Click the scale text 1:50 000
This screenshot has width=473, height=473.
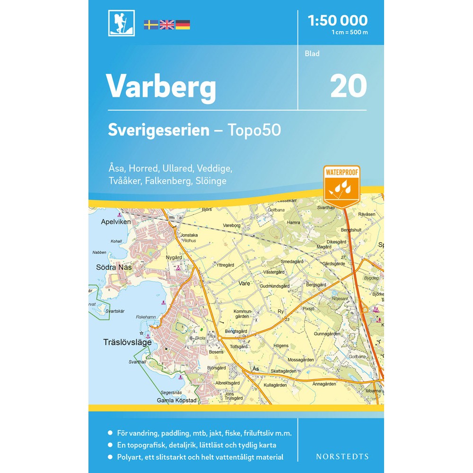click(x=337, y=20)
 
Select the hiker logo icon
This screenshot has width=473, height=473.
click(x=122, y=23)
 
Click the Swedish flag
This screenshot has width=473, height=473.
click(x=151, y=25)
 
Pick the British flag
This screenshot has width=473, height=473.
click(x=167, y=25)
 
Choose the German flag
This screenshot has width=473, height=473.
click(x=183, y=25)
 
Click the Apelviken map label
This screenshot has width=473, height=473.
click(x=115, y=221)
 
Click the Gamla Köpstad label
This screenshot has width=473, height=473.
click(x=176, y=401)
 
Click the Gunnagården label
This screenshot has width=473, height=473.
click(x=326, y=333)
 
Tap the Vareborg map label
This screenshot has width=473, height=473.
click(x=232, y=226)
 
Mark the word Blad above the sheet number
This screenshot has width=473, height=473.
click(x=312, y=53)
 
